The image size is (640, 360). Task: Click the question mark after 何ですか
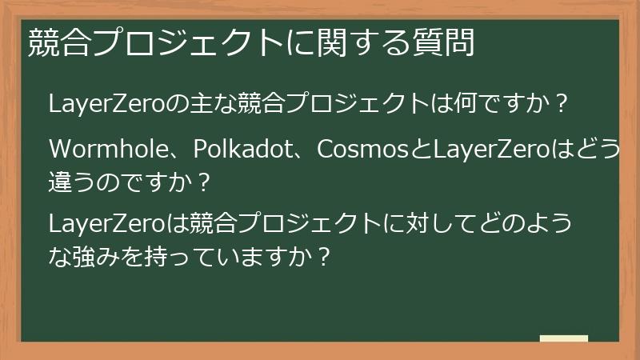coord(562,105)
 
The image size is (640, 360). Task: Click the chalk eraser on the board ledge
coord(563,339)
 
